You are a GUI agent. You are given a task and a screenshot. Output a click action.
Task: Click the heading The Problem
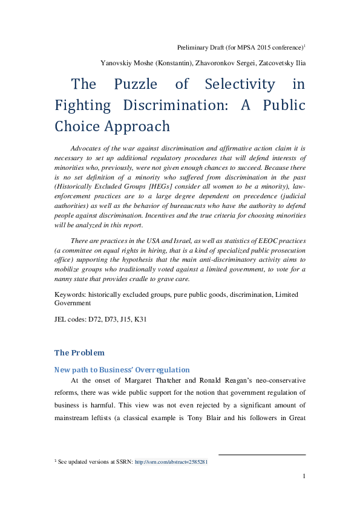79,352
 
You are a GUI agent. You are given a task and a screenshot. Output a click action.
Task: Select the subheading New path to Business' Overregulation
122,369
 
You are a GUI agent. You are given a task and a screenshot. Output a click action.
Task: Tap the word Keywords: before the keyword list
70,294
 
